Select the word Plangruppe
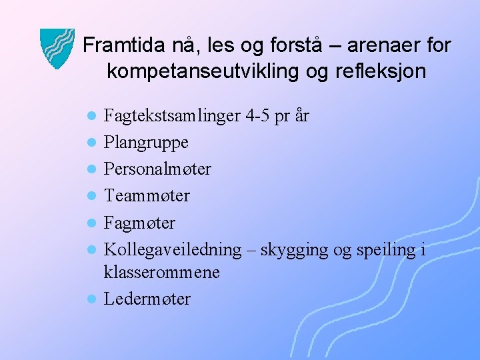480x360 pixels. [146, 143]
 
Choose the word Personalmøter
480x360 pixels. [157, 169]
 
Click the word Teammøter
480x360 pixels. [147, 196]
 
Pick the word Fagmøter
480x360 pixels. [139, 223]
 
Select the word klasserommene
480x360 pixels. [161, 273]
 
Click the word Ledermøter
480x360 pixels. [147, 299]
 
